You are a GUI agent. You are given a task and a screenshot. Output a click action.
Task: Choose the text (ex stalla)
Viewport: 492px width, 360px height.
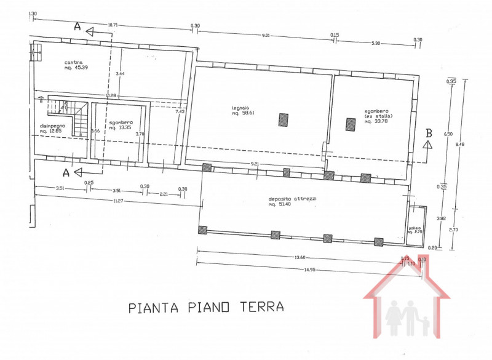[378, 116]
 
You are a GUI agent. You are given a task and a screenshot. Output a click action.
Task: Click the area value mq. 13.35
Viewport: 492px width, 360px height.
[121, 128]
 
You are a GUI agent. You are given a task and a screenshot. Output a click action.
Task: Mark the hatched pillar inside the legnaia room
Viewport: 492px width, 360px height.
[282, 119]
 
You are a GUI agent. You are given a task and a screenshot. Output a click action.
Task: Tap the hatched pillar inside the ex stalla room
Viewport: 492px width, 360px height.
[351, 124]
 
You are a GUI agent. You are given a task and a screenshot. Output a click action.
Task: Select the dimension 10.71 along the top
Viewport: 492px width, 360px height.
[113, 25]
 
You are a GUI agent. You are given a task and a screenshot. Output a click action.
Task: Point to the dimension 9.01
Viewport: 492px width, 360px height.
[266, 35]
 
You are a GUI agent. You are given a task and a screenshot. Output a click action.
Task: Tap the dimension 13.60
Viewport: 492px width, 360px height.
[300, 258]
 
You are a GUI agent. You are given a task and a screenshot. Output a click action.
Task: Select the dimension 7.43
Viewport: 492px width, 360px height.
[180, 111]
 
